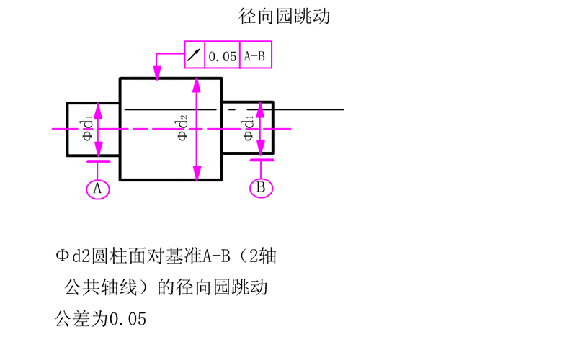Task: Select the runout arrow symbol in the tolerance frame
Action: (195, 55)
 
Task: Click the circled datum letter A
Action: (98, 189)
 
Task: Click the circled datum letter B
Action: (262, 188)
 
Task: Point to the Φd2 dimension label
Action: (183, 127)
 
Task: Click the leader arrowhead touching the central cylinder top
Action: (156, 73)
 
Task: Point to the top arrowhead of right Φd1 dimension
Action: (262, 108)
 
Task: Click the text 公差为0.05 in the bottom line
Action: (101, 318)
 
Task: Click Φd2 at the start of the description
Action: (75, 256)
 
